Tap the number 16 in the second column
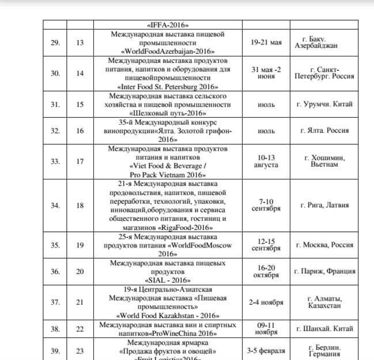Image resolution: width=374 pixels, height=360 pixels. point(80,131)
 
